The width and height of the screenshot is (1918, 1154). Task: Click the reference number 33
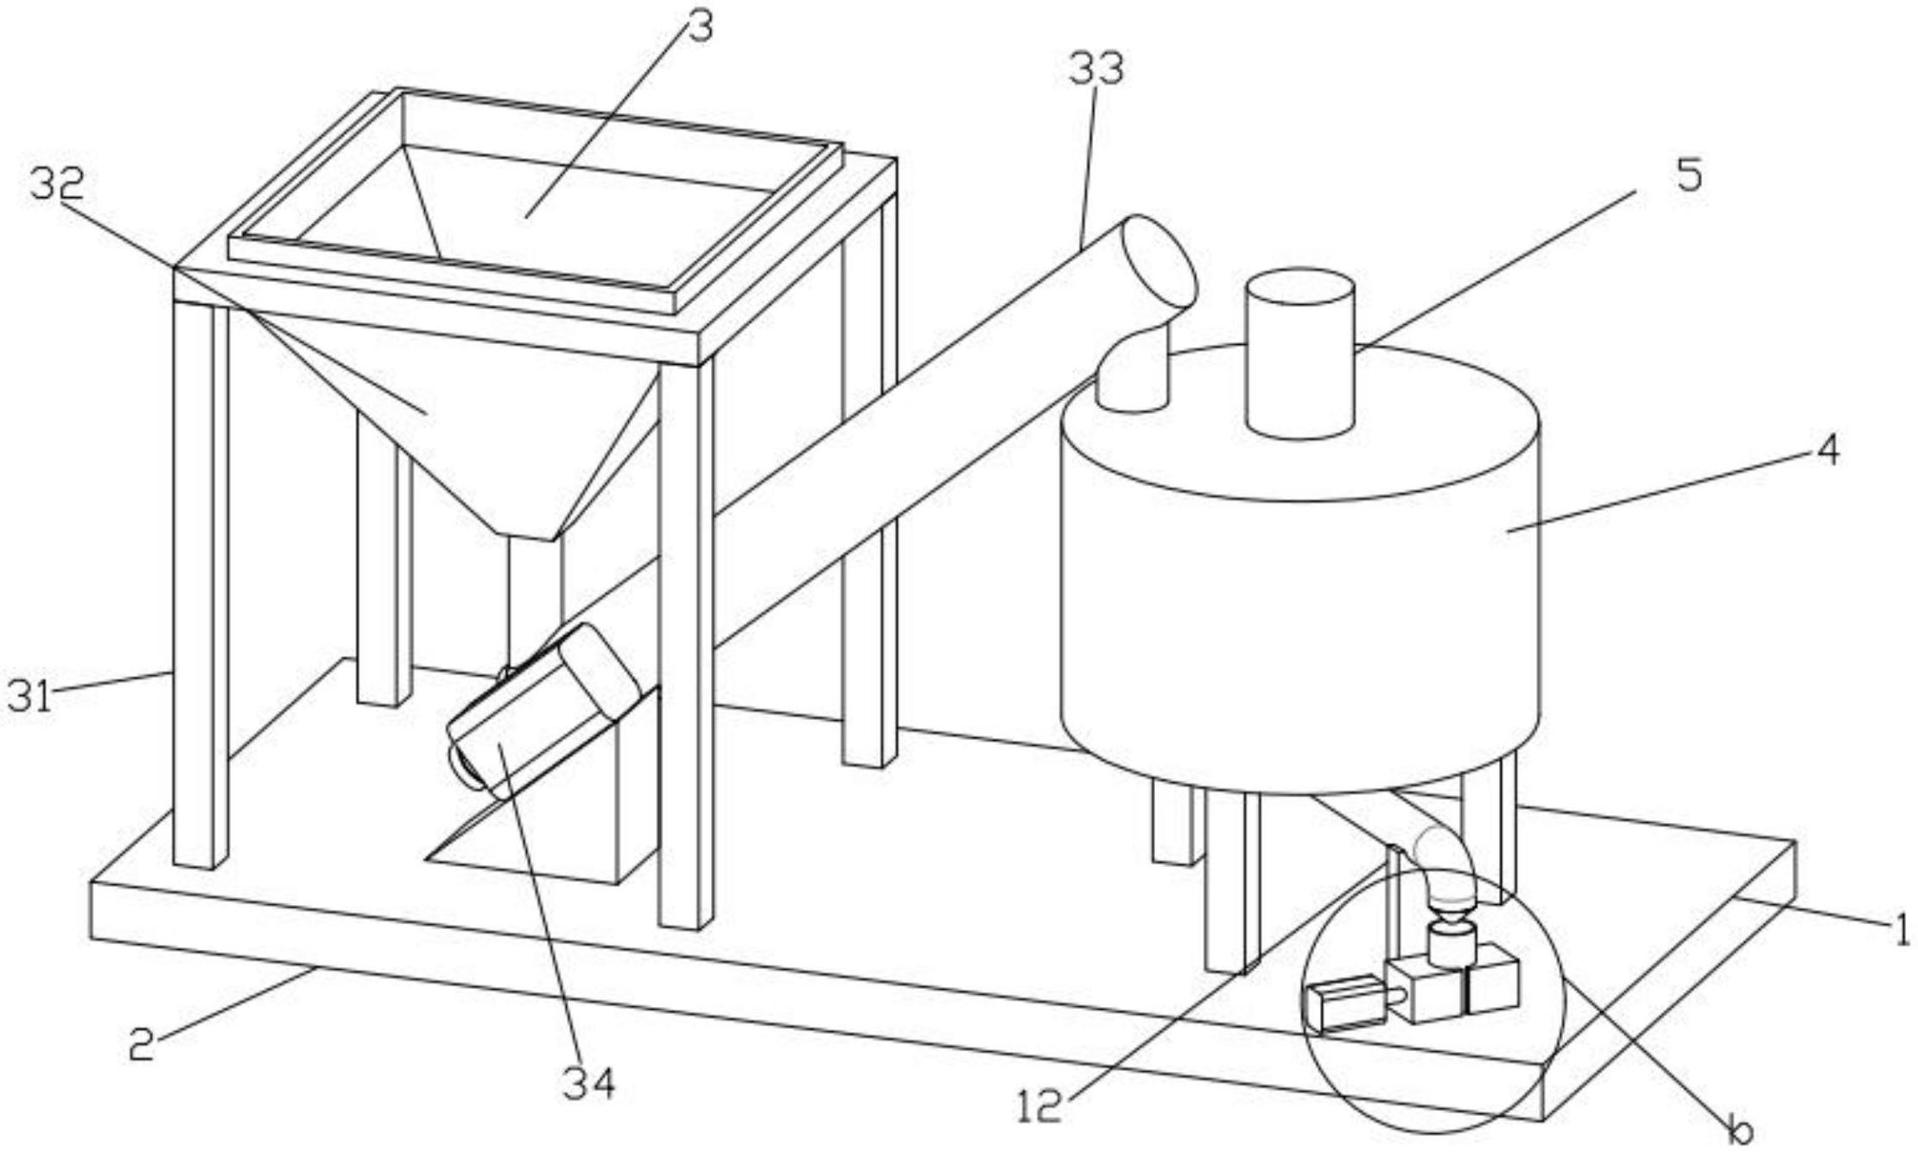(x=1096, y=68)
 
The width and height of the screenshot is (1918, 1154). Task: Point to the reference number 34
(x=589, y=1082)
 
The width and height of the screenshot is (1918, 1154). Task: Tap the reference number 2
(x=142, y=1043)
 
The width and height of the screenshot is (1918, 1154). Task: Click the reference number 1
(x=1902, y=931)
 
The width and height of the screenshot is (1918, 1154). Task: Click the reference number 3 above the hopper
(x=700, y=27)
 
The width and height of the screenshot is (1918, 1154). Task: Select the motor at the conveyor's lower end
(x=542, y=708)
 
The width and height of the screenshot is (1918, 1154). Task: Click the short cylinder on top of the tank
(x=1299, y=353)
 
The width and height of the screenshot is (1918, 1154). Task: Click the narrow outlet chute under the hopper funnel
(x=534, y=605)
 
